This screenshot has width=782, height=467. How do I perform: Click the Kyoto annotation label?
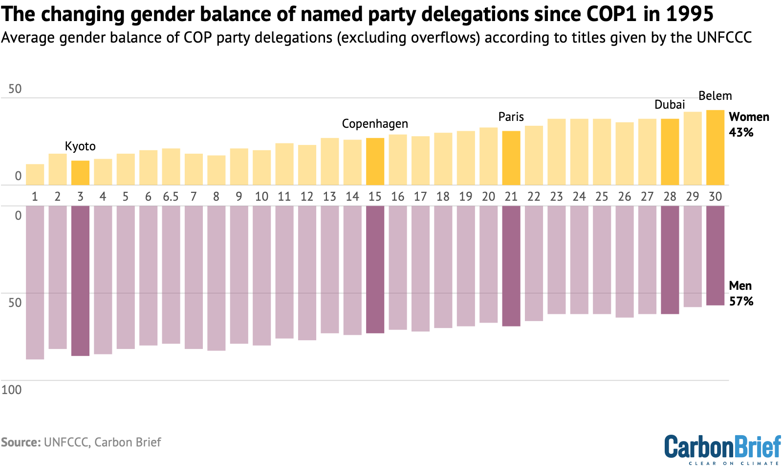coord(80,146)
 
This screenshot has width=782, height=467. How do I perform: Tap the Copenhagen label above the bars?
coord(374,124)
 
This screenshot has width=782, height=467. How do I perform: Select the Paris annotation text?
coord(511,117)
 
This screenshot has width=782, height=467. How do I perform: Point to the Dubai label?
coord(669,105)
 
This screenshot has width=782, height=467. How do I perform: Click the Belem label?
coord(715,96)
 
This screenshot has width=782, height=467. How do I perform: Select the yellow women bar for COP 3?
coord(80,173)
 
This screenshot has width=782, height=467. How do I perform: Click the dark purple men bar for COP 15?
coord(375,269)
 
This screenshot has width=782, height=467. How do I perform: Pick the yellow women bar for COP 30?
coord(715,147)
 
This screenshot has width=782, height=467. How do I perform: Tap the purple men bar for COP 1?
coord(35,282)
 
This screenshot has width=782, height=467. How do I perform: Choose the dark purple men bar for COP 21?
coord(511,266)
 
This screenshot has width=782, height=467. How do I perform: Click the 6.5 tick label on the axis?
coord(171,197)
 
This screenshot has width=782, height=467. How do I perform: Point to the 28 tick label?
coord(670,197)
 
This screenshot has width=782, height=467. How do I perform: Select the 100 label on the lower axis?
coord(11,390)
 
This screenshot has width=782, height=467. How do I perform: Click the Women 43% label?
coord(748,124)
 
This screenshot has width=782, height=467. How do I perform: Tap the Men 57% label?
coord(740,293)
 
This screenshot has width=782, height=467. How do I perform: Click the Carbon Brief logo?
coord(722,448)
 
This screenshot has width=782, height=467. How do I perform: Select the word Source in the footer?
coord(20,443)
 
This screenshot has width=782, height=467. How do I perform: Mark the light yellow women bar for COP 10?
coord(261,167)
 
